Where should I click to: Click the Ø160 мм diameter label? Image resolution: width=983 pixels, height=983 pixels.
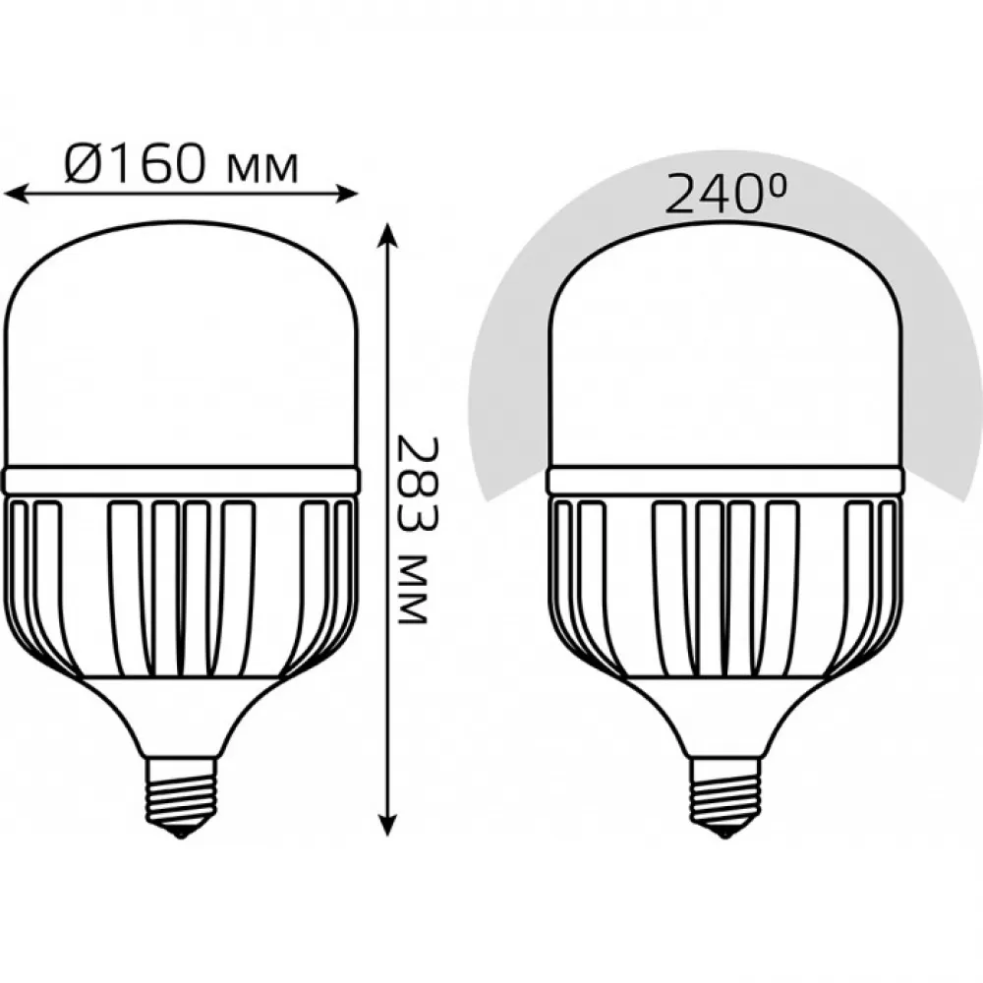(181, 163)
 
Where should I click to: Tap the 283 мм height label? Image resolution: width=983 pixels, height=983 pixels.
(413, 531)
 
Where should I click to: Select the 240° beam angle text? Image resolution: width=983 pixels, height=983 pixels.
(724, 195)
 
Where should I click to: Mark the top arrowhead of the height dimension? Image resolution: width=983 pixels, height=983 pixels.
(388, 233)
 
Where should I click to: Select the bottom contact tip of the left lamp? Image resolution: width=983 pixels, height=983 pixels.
(181, 833)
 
